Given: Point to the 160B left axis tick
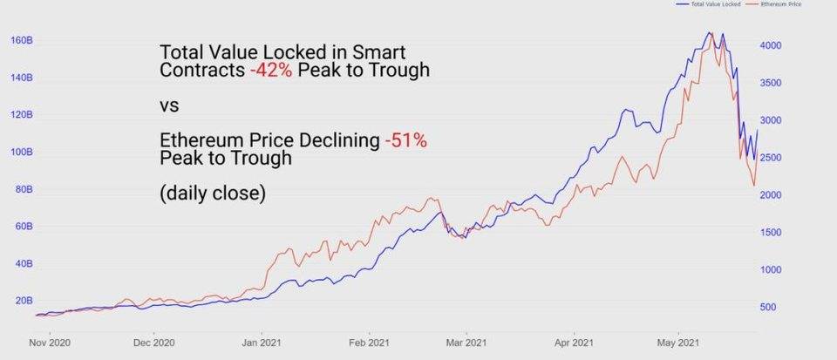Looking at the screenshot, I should click(x=22, y=40).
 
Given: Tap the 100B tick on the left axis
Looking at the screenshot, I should click(x=22, y=152).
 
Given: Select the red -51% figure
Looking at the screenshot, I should click(x=405, y=140).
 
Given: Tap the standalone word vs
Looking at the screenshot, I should click(x=169, y=105).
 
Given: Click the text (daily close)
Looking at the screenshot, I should click(x=213, y=194).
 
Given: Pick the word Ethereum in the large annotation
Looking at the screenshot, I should click(x=200, y=140).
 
